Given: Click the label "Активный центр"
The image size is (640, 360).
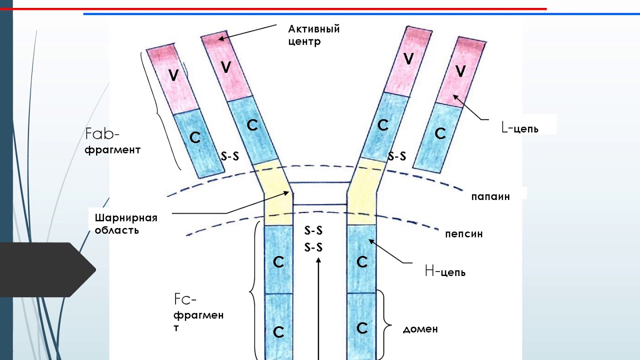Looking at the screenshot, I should [314, 35].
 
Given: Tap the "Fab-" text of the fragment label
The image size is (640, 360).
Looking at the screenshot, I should [102, 134].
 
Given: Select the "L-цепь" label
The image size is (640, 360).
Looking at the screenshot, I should [520, 128].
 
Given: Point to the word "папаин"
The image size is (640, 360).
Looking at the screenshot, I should [490, 196].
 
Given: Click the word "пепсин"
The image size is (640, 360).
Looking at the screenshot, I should [463, 233].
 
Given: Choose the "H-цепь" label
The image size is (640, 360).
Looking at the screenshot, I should [445, 272].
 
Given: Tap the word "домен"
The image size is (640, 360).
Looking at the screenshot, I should [420, 329].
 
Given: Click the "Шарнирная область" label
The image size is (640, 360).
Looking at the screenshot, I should [126, 224].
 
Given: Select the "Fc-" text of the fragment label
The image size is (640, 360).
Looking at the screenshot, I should [185, 299].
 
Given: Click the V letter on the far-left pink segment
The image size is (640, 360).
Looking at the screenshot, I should [173, 75].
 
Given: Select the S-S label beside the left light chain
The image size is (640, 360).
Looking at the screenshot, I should [230, 156].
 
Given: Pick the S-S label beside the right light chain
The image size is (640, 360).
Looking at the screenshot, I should [397, 156].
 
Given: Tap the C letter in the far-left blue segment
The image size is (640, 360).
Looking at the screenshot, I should [195, 137].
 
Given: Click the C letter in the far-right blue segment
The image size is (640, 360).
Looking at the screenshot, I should [440, 133].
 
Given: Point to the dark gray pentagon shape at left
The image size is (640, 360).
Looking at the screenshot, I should [45, 270].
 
